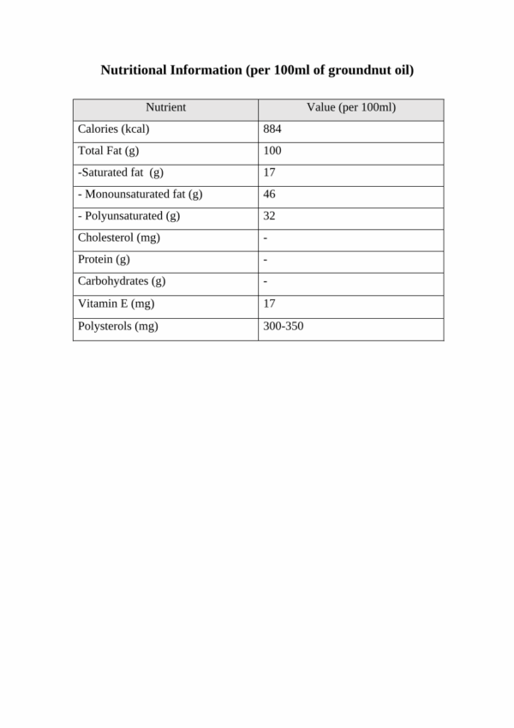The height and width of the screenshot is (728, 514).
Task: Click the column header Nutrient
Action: point(165,108)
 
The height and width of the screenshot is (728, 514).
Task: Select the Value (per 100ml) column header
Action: point(351,108)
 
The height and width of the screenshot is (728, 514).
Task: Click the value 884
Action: point(272,129)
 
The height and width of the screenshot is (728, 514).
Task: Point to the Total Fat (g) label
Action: point(108,152)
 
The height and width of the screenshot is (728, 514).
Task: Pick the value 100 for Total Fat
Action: point(272,152)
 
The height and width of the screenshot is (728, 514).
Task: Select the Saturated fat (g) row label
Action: point(120,173)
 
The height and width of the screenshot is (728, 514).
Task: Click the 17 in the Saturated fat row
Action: point(269,173)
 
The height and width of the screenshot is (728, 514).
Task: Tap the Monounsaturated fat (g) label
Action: point(140,195)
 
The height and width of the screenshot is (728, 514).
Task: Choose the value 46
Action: point(269,195)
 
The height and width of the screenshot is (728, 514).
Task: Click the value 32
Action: point(269,216)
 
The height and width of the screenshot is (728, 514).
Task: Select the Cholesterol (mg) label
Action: point(118,238)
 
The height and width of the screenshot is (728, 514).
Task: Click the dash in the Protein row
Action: point(266,260)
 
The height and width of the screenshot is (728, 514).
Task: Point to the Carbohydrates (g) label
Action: point(121,281)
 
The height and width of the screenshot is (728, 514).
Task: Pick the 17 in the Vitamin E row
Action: point(269,304)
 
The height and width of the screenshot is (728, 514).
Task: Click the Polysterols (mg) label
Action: point(117,326)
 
